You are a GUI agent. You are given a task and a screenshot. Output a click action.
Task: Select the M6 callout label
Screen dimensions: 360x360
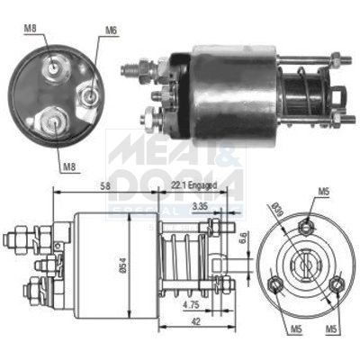pyautogui.click(x=112, y=30)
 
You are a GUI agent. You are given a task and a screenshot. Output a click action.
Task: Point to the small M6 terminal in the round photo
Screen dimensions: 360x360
pyautogui.click(x=90, y=92)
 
